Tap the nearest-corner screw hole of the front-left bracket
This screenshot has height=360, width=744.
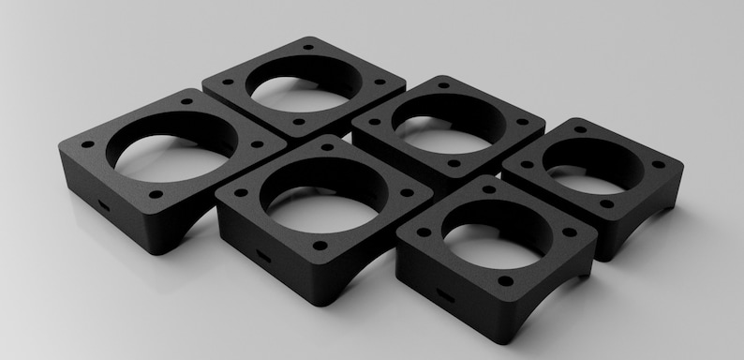coord(156,194)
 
